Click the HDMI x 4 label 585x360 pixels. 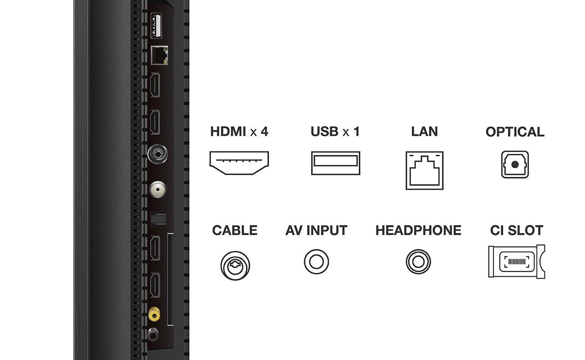[x=239, y=131]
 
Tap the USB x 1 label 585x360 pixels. [x=335, y=131]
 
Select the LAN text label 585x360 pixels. [x=424, y=131]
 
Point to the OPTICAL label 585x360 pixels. [x=515, y=132]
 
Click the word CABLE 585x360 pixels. [x=235, y=230]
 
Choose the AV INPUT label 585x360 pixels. [x=316, y=230]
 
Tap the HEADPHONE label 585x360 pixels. [x=418, y=230]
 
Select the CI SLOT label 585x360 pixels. [x=517, y=230]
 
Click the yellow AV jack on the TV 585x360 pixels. [x=154, y=314]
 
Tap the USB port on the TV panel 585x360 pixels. [x=156, y=26]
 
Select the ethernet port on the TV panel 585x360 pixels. [x=159, y=55]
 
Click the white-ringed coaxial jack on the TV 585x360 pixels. [x=157, y=189]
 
